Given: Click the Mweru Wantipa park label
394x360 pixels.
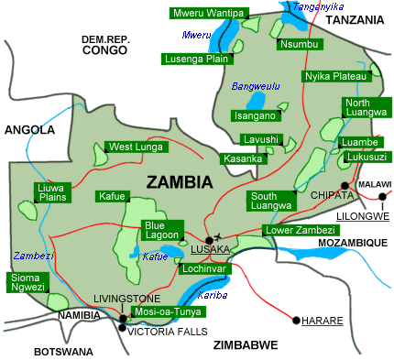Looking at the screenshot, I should click(208, 13).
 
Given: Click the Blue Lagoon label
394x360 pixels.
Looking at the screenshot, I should click(163, 230).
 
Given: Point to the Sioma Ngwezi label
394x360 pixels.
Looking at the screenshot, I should click(27, 282).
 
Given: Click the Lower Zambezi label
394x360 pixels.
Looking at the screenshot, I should click(297, 230).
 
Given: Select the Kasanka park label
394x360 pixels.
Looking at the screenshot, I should click(243, 158).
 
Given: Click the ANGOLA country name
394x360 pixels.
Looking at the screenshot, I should click(29, 130).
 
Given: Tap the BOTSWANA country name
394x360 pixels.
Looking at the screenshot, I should click(64, 352).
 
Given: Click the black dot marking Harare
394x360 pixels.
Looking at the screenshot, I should click(296, 321).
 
